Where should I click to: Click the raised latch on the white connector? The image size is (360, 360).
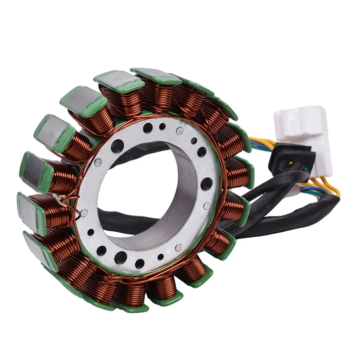click(310, 111)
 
